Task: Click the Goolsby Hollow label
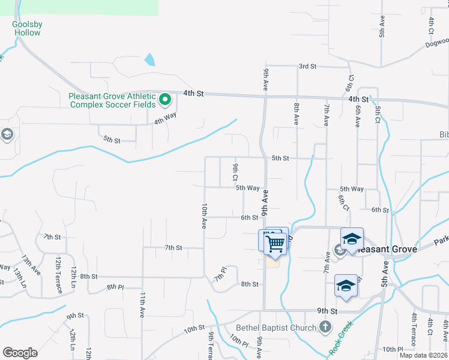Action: pyautogui.click(x=27, y=28)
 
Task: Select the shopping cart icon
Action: pyautogui.click(x=276, y=244)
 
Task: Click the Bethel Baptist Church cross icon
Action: pyautogui.click(x=325, y=327)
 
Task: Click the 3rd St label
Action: pyautogui.click(x=307, y=66)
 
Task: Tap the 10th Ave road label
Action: pyautogui.click(x=204, y=215)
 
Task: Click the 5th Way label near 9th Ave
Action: pyautogui.click(x=247, y=188)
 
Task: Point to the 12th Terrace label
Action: pyautogui.click(x=59, y=275)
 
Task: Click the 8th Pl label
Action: pyautogui.click(x=115, y=287)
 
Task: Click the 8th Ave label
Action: pyautogui.click(x=297, y=113)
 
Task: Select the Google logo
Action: pyautogui.click(x=20, y=353)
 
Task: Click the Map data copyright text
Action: pyautogui.click(x=423, y=355)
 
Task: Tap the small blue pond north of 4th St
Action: pyautogui.click(x=149, y=60)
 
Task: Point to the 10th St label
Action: pyautogui.click(x=194, y=329)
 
